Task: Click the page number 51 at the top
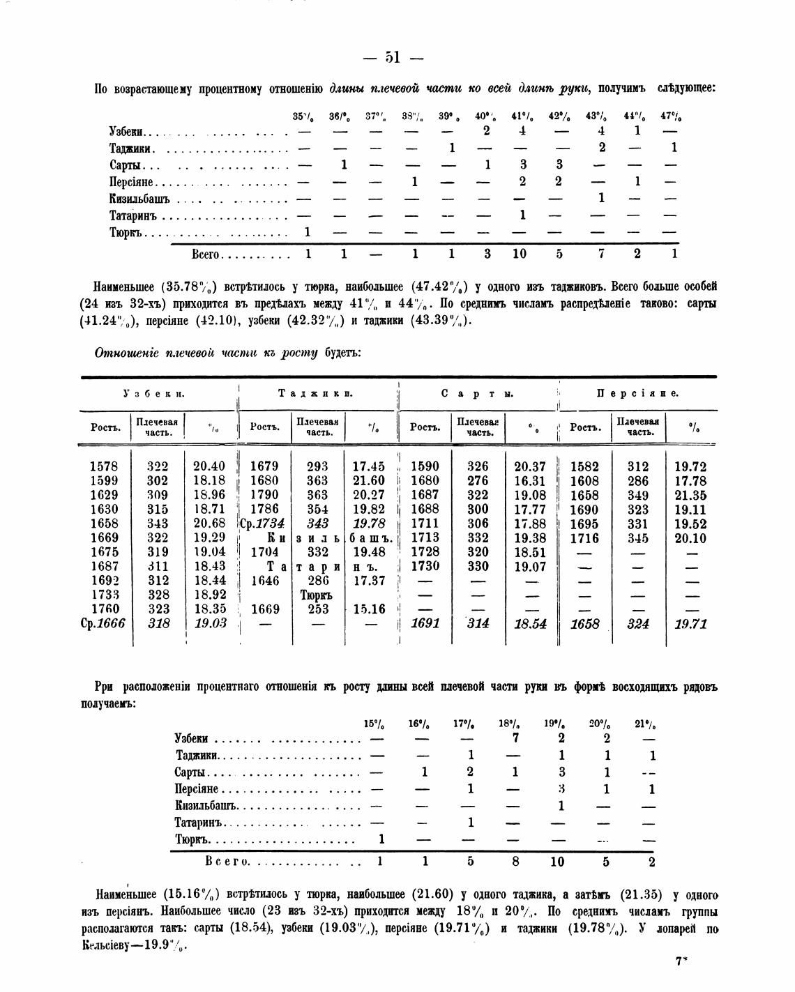(392, 58)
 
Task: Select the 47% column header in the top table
(672, 116)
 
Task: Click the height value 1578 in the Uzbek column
(104, 466)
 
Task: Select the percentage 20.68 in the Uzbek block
(209, 523)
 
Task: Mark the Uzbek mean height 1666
(109, 624)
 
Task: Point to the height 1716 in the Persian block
(584, 538)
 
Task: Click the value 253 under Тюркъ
(318, 609)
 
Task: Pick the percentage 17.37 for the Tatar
(369, 581)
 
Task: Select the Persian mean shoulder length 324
(637, 624)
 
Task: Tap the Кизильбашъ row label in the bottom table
(207, 806)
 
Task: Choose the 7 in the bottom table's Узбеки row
(515, 738)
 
